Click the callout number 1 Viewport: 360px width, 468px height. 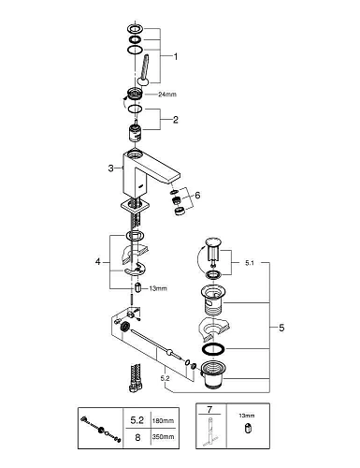pyautogui.click(x=176, y=56)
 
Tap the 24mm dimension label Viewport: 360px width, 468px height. pyautogui.click(x=167, y=95)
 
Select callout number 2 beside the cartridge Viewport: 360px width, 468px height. pyautogui.click(x=176, y=120)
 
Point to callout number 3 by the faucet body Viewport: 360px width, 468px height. pyautogui.click(x=111, y=168)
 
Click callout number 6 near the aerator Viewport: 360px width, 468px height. pyautogui.click(x=197, y=196)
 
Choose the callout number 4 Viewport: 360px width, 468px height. pyautogui.click(x=98, y=262)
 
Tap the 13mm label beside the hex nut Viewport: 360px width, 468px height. pyautogui.click(x=158, y=288)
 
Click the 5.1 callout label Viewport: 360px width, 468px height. pyautogui.click(x=250, y=263)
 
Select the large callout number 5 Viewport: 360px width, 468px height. pyautogui.click(x=281, y=328)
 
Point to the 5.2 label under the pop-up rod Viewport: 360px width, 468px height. pyautogui.click(x=165, y=378)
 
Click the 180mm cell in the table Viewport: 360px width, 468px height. pyautogui.click(x=163, y=421)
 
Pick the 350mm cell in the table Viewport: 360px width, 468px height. pyautogui.click(x=163, y=437)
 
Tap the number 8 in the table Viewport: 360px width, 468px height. pyautogui.click(x=137, y=437)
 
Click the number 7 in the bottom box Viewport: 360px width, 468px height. pyautogui.click(x=209, y=409)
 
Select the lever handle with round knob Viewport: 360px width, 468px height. pyautogui.click(x=144, y=70)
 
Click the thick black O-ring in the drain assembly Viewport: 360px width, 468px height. pyautogui.click(x=213, y=349)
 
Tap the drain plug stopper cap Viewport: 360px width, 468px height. pyautogui.click(x=213, y=241)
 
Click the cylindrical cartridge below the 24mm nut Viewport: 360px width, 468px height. pyautogui.click(x=135, y=132)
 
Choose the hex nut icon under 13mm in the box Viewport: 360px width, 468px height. pyautogui.click(x=248, y=429)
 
